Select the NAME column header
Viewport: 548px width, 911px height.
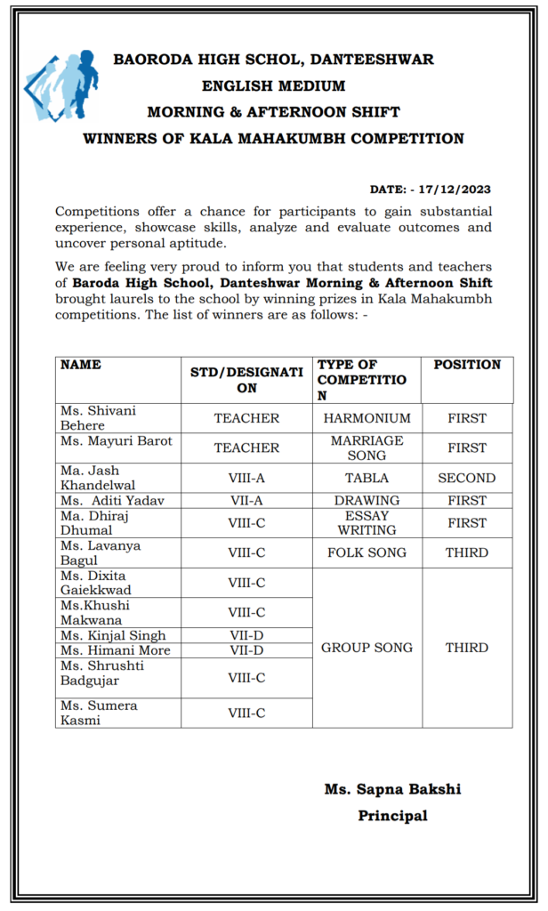[x=80, y=365]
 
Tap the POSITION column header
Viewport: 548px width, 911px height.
[x=467, y=365]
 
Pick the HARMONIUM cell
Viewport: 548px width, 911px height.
[x=367, y=418]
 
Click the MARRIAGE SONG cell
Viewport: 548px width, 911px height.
[x=367, y=447]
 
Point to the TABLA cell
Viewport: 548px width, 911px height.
[x=367, y=478]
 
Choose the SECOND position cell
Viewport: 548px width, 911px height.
[x=467, y=478]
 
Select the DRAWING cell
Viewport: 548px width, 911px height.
[x=367, y=500]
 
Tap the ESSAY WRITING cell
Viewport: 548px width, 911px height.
[x=367, y=522]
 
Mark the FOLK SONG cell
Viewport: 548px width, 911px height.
[x=367, y=552]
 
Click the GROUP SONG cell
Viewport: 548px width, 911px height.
[x=367, y=648]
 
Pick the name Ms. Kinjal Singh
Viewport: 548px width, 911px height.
[x=113, y=635]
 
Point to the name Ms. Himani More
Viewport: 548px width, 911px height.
[x=115, y=650]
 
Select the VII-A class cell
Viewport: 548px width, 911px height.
[x=246, y=500]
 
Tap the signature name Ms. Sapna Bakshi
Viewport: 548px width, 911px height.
[x=392, y=789]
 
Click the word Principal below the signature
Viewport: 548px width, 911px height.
[x=392, y=815]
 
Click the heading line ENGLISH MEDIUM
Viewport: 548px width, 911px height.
[x=273, y=86]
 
